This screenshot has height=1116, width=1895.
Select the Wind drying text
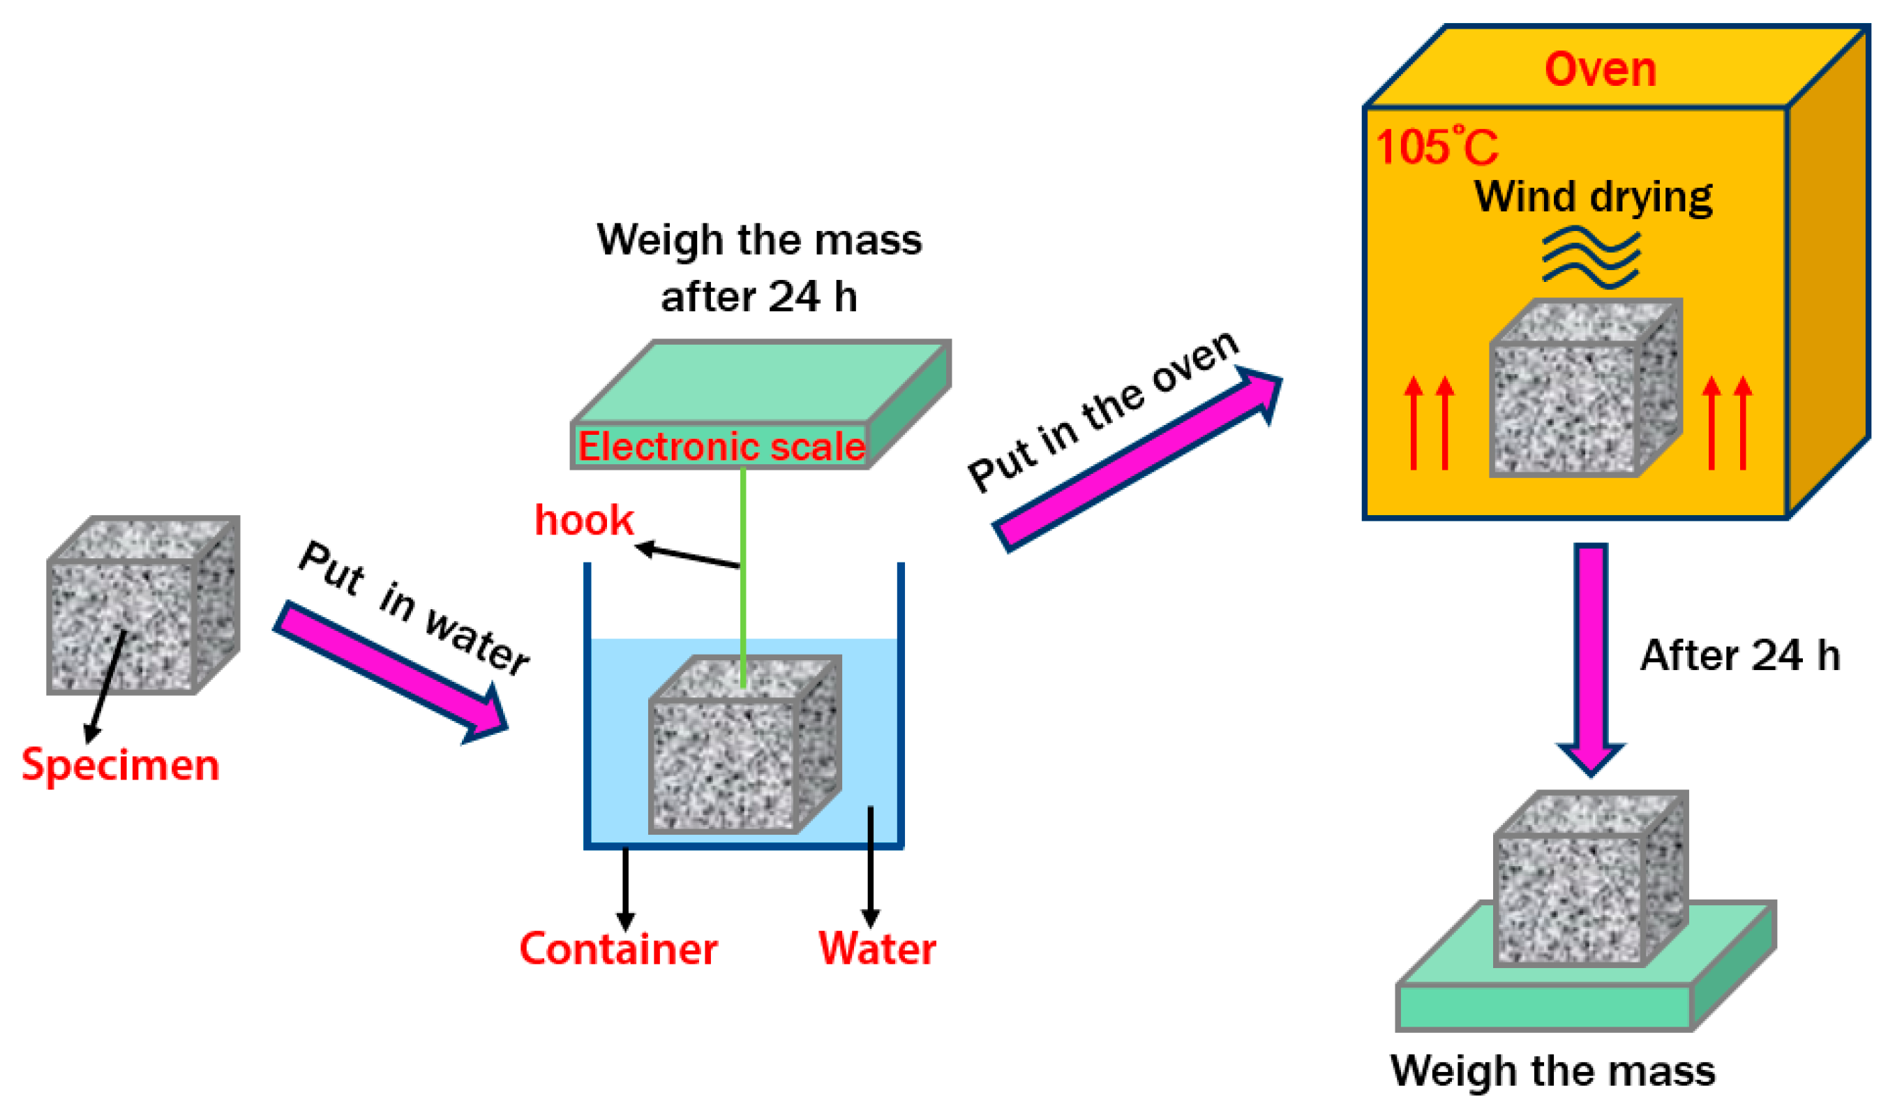[1593, 197]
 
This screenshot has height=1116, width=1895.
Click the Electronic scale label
[721, 447]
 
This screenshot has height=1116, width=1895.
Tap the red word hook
[583, 521]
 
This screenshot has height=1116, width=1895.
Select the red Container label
[618, 949]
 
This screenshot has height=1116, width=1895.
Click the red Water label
[877, 948]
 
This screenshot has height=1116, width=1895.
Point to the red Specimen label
[120, 765]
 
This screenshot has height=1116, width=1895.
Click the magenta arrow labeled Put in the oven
[1135, 463]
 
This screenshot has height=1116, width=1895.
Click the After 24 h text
[1740, 656]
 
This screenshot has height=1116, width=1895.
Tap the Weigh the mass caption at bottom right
[1553, 1071]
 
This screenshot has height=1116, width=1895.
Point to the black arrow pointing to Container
[626, 887]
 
